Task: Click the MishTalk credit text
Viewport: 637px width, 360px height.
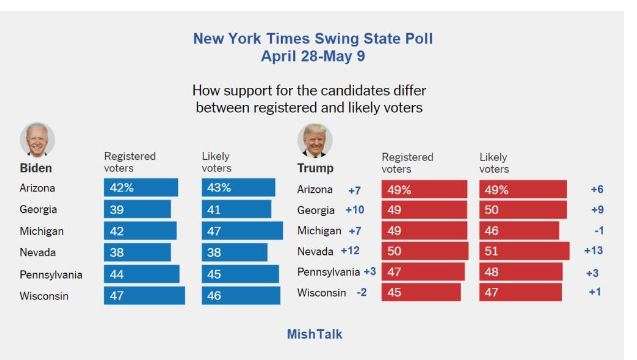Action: [x=314, y=334]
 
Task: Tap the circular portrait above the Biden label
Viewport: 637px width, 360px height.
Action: [x=37, y=139]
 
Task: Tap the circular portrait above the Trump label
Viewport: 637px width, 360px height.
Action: [x=315, y=141]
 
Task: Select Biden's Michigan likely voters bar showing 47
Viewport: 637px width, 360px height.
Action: [x=242, y=231]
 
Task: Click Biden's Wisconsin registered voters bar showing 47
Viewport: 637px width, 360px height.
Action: [x=144, y=295]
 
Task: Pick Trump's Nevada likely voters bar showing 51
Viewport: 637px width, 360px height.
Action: [x=524, y=251]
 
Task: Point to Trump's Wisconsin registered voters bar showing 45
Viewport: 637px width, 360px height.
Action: [x=421, y=292]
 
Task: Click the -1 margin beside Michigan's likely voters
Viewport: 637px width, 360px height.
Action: [x=599, y=230]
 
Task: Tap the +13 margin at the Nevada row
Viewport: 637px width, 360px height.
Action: [x=594, y=250]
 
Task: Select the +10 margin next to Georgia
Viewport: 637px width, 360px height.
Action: [x=355, y=210]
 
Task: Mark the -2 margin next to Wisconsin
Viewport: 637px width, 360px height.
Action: [x=361, y=292]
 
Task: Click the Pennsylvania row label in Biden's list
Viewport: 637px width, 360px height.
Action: [x=51, y=275]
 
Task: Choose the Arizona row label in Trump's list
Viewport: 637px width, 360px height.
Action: [x=315, y=189]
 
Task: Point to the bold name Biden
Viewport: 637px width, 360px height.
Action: [x=36, y=168]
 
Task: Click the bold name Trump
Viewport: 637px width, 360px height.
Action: [x=315, y=168]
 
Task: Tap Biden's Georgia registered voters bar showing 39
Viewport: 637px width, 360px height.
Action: [x=137, y=209]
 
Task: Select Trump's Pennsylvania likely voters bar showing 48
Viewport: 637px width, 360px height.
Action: [x=521, y=272]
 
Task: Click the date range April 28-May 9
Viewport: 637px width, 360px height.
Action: [x=313, y=56]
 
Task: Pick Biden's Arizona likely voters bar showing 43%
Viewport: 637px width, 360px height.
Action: [x=238, y=187]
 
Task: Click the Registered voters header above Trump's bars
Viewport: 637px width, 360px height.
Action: [x=407, y=163]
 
